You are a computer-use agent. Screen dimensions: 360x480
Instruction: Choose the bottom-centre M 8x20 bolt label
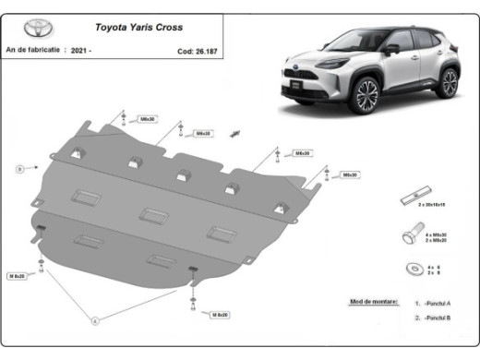point(219,315)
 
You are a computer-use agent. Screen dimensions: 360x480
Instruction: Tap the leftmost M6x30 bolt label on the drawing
point(146,119)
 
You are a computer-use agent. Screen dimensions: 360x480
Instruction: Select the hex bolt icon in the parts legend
point(409,234)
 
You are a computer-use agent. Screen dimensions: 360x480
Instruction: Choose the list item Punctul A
point(441,303)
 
